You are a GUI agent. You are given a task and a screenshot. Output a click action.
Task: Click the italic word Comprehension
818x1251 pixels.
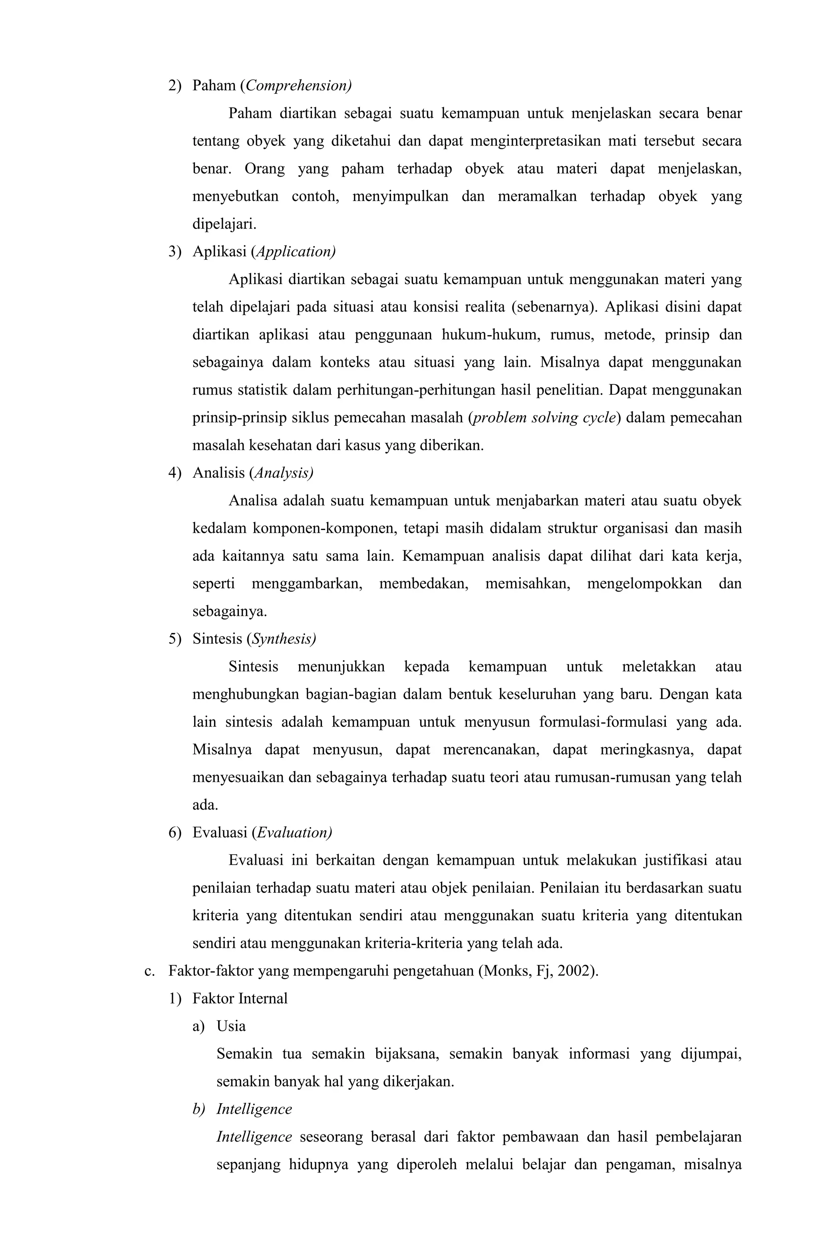click(x=298, y=86)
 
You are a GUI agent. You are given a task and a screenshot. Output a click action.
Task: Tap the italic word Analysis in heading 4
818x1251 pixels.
click(x=282, y=473)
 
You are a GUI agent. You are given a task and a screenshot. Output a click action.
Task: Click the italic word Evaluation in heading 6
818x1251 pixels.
click(x=293, y=832)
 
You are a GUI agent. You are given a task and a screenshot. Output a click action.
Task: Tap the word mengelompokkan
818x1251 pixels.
click(x=644, y=584)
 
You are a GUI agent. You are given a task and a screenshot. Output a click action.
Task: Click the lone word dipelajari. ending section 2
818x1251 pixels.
click(x=224, y=224)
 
